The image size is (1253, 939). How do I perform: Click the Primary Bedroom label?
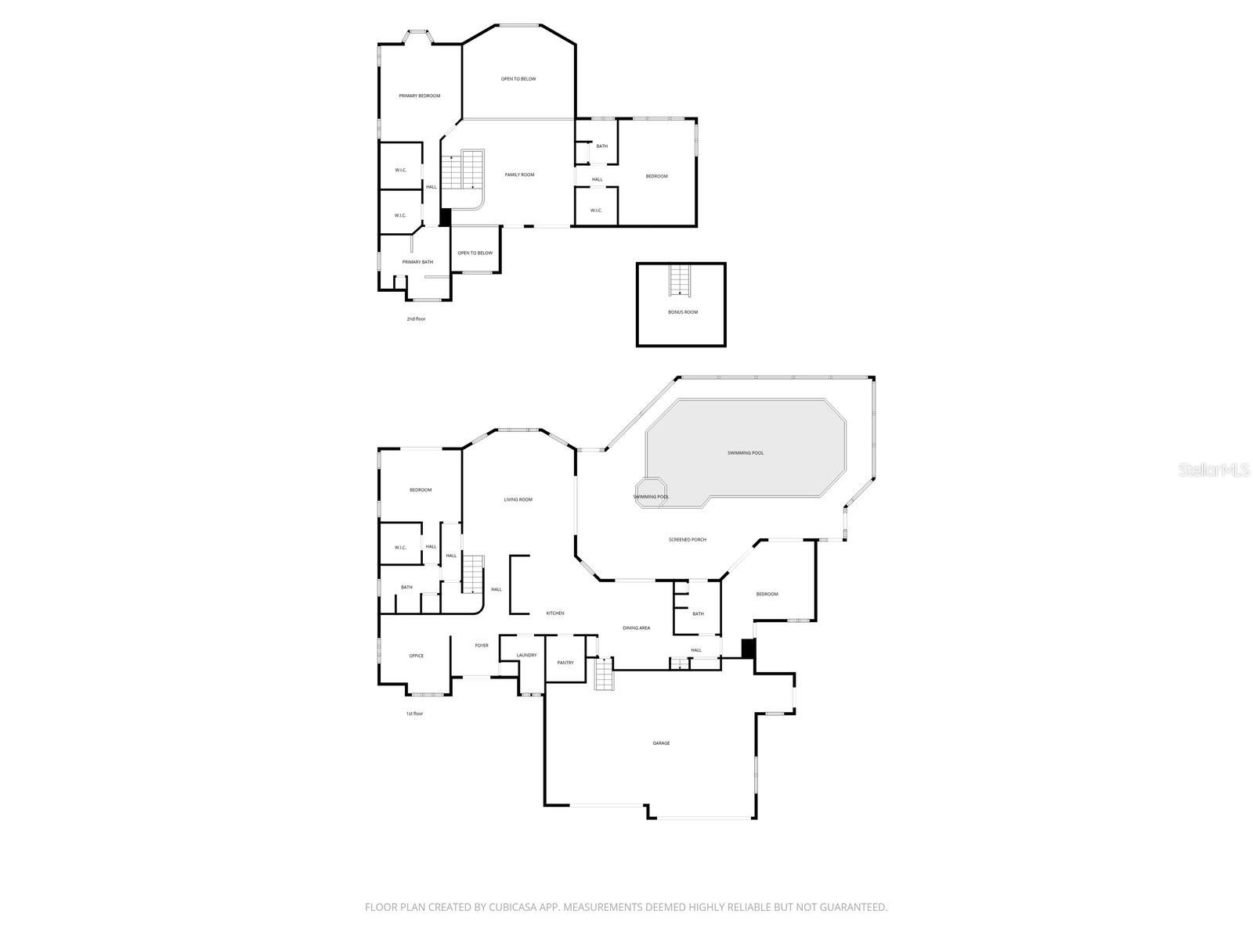click(x=419, y=96)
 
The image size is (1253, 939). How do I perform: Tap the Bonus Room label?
click(x=683, y=312)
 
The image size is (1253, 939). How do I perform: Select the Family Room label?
click(x=519, y=174)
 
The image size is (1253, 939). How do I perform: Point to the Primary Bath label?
click(x=417, y=262)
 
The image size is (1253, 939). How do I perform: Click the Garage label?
click(x=661, y=743)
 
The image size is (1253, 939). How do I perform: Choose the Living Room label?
click(x=518, y=500)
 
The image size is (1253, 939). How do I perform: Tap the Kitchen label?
click(x=555, y=613)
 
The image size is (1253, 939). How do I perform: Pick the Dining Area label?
click(x=636, y=628)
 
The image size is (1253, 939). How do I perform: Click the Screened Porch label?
click(x=688, y=540)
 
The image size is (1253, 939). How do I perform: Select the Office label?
click(x=416, y=656)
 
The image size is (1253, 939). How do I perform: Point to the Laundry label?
click(x=526, y=656)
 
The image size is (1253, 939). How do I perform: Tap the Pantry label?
click(x=565, y=663)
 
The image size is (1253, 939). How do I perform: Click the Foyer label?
click(x=482, y=646)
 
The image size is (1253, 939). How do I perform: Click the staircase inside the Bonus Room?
click(x=680, y=281)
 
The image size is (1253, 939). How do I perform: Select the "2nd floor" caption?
click(x=416, y=319)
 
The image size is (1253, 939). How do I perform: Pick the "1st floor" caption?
click(x=414, y=714)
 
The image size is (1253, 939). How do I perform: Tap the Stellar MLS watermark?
click(x=1214, y=470)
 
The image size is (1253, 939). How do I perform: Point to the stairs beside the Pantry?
click(x=604, y=674)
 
